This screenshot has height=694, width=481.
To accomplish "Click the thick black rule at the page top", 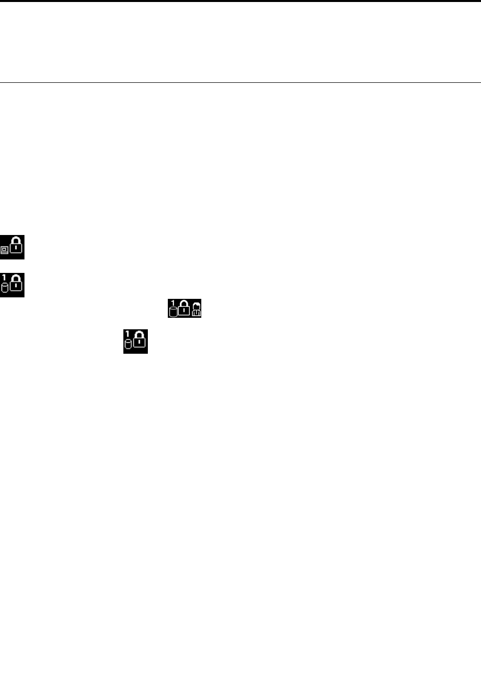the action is pyautogui.click(x=240, y=1).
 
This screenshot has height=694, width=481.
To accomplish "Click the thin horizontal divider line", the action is pyautogui.click(x=240, y=82).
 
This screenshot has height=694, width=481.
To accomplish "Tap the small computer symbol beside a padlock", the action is pyautogui.click(x=4, y=250).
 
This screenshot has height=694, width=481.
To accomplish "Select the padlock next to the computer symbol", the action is pyautogui.click(x=16, y=247).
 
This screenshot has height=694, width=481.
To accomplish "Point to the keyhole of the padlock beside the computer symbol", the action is pyautogui.click(x=16, y=248).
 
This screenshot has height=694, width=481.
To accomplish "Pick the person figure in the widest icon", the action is pyautogui.click(x=196, y=310).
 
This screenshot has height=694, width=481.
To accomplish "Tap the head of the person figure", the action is pyautogui.click(x=196, y=306).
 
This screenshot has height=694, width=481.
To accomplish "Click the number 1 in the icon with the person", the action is pyautogui.click(x=173, y=303).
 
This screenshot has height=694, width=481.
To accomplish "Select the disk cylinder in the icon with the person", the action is pyautogui.click(x=174, y=312).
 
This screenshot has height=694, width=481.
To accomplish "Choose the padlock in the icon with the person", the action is pyautogui.click(x=184, y=308).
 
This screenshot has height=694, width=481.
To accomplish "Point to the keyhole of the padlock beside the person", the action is pyautogui.click(x=184, y=310).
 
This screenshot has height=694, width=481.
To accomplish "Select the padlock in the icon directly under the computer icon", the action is pyautogui.click(x=16, y=284).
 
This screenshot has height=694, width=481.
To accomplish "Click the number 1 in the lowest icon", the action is pyautogui.click(x=127, y=333).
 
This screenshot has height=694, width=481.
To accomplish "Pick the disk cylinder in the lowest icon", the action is pyautogui.click(x=128, y=344).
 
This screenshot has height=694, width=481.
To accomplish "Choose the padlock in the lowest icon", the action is pyautogui.click(x=140, y=341).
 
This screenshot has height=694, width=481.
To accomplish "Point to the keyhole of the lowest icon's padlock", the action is pyautogui.click(x=140, y=342).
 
